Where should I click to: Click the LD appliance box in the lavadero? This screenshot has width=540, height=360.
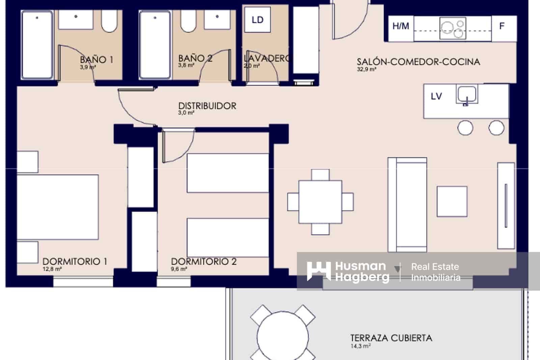coord(257,20)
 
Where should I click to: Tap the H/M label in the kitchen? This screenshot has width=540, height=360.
coord(401,26)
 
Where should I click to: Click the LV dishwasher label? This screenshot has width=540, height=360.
coord(436,97)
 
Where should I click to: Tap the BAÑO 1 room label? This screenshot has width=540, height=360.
coord(97,60)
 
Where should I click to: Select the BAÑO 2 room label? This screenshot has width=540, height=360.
coord(195,58)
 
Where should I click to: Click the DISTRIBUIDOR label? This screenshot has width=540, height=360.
coord(207,106)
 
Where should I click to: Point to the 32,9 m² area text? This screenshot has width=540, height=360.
coord(366,70)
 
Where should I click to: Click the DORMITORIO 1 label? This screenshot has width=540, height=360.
coord(75,261)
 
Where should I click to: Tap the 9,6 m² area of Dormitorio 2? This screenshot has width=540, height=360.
coord(179,269)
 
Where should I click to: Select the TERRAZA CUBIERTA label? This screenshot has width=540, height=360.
coord(391,338)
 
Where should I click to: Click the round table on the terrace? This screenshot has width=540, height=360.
coord(283,336)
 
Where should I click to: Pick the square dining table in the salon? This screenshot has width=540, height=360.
coord(320,202)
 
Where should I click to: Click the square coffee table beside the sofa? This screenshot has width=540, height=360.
coord(452,201)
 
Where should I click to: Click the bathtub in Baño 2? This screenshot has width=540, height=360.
coord(155,45)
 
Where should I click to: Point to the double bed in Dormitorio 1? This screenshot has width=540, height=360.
coord(57,207)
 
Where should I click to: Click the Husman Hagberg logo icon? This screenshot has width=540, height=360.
coord(318,271)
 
